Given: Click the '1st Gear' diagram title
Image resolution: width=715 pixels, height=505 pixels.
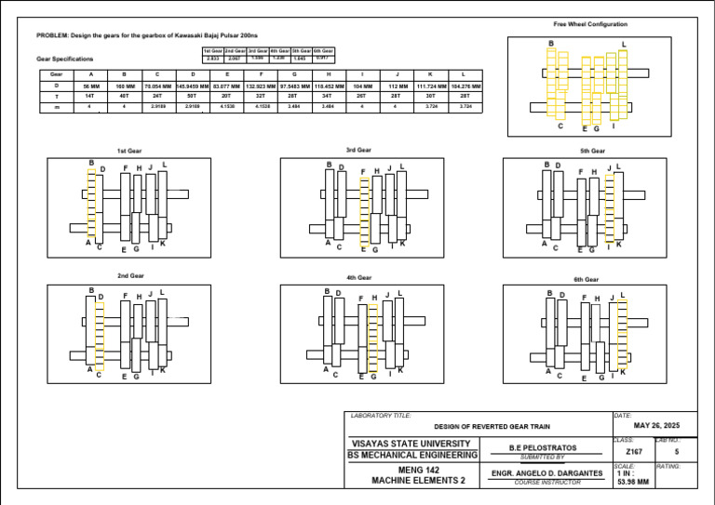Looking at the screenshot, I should tap(129, 151).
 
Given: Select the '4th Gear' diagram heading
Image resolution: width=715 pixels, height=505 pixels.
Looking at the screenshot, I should tap(358, 277).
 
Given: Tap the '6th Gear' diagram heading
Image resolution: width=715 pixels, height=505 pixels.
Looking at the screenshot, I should tap(587, 279).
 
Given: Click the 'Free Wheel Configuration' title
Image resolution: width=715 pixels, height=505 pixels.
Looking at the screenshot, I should tap(590, 24).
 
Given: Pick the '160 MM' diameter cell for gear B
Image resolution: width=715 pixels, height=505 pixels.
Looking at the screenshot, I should tap(124, 86).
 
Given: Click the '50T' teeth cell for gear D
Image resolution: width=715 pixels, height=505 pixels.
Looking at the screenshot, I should tap(192, 96).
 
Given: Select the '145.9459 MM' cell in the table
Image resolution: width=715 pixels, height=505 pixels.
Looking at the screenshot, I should tap(192, 86).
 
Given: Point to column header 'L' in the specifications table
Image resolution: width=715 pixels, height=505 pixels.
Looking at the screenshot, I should tap(465, 73).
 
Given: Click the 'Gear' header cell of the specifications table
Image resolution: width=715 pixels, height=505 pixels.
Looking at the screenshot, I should tap(57, 73).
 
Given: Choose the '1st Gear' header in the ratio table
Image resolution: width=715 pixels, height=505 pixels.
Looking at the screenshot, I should tap(212, 50).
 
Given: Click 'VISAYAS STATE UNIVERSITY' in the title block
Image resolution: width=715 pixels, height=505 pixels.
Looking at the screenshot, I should tap(413, 444).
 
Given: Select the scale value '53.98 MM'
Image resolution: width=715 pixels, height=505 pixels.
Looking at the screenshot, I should tap(633, 482).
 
